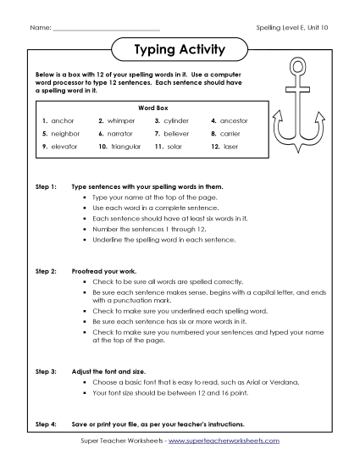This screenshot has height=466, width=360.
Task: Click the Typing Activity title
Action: coord(180,50)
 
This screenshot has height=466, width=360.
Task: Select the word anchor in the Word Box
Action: coord(63,121)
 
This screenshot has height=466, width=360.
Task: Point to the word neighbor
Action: coord(65,134)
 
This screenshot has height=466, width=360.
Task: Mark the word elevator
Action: coord(64,147)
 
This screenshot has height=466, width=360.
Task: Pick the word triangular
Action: coord(126,147)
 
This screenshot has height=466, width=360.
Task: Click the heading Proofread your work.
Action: coord(109,270)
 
